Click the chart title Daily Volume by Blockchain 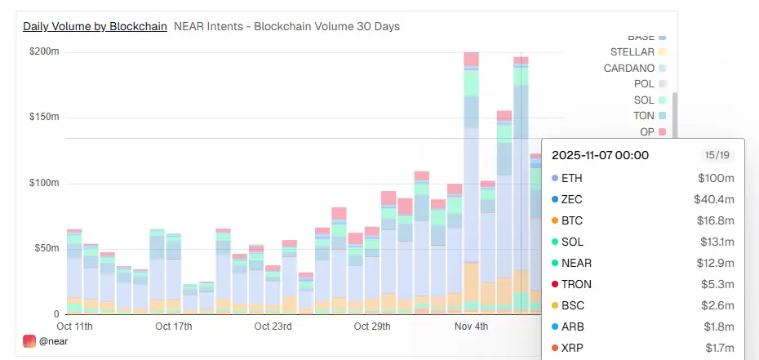tap(95, 26)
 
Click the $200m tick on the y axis tap(44, 51)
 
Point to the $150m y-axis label tap(44, 117)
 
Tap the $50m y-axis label tap(47, 248)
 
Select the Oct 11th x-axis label tap(73, 327)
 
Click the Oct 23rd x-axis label tap(272, 327)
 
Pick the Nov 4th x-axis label tap(470, 327)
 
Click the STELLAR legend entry tap(632, 52)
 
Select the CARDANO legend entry tap(628, 69)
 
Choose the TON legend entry tap(643, 116)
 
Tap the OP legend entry tap(646, 131)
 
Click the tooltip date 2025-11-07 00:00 tap(600, 155)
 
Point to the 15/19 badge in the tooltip tap(718, 155)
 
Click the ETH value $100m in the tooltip tap(717, 178)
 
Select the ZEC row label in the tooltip tap(572, 199)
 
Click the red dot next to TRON tap(555, 284)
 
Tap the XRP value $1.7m tap(717, 348)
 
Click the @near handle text tap(54, 341)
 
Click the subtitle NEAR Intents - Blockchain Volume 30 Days tap(286, 26)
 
